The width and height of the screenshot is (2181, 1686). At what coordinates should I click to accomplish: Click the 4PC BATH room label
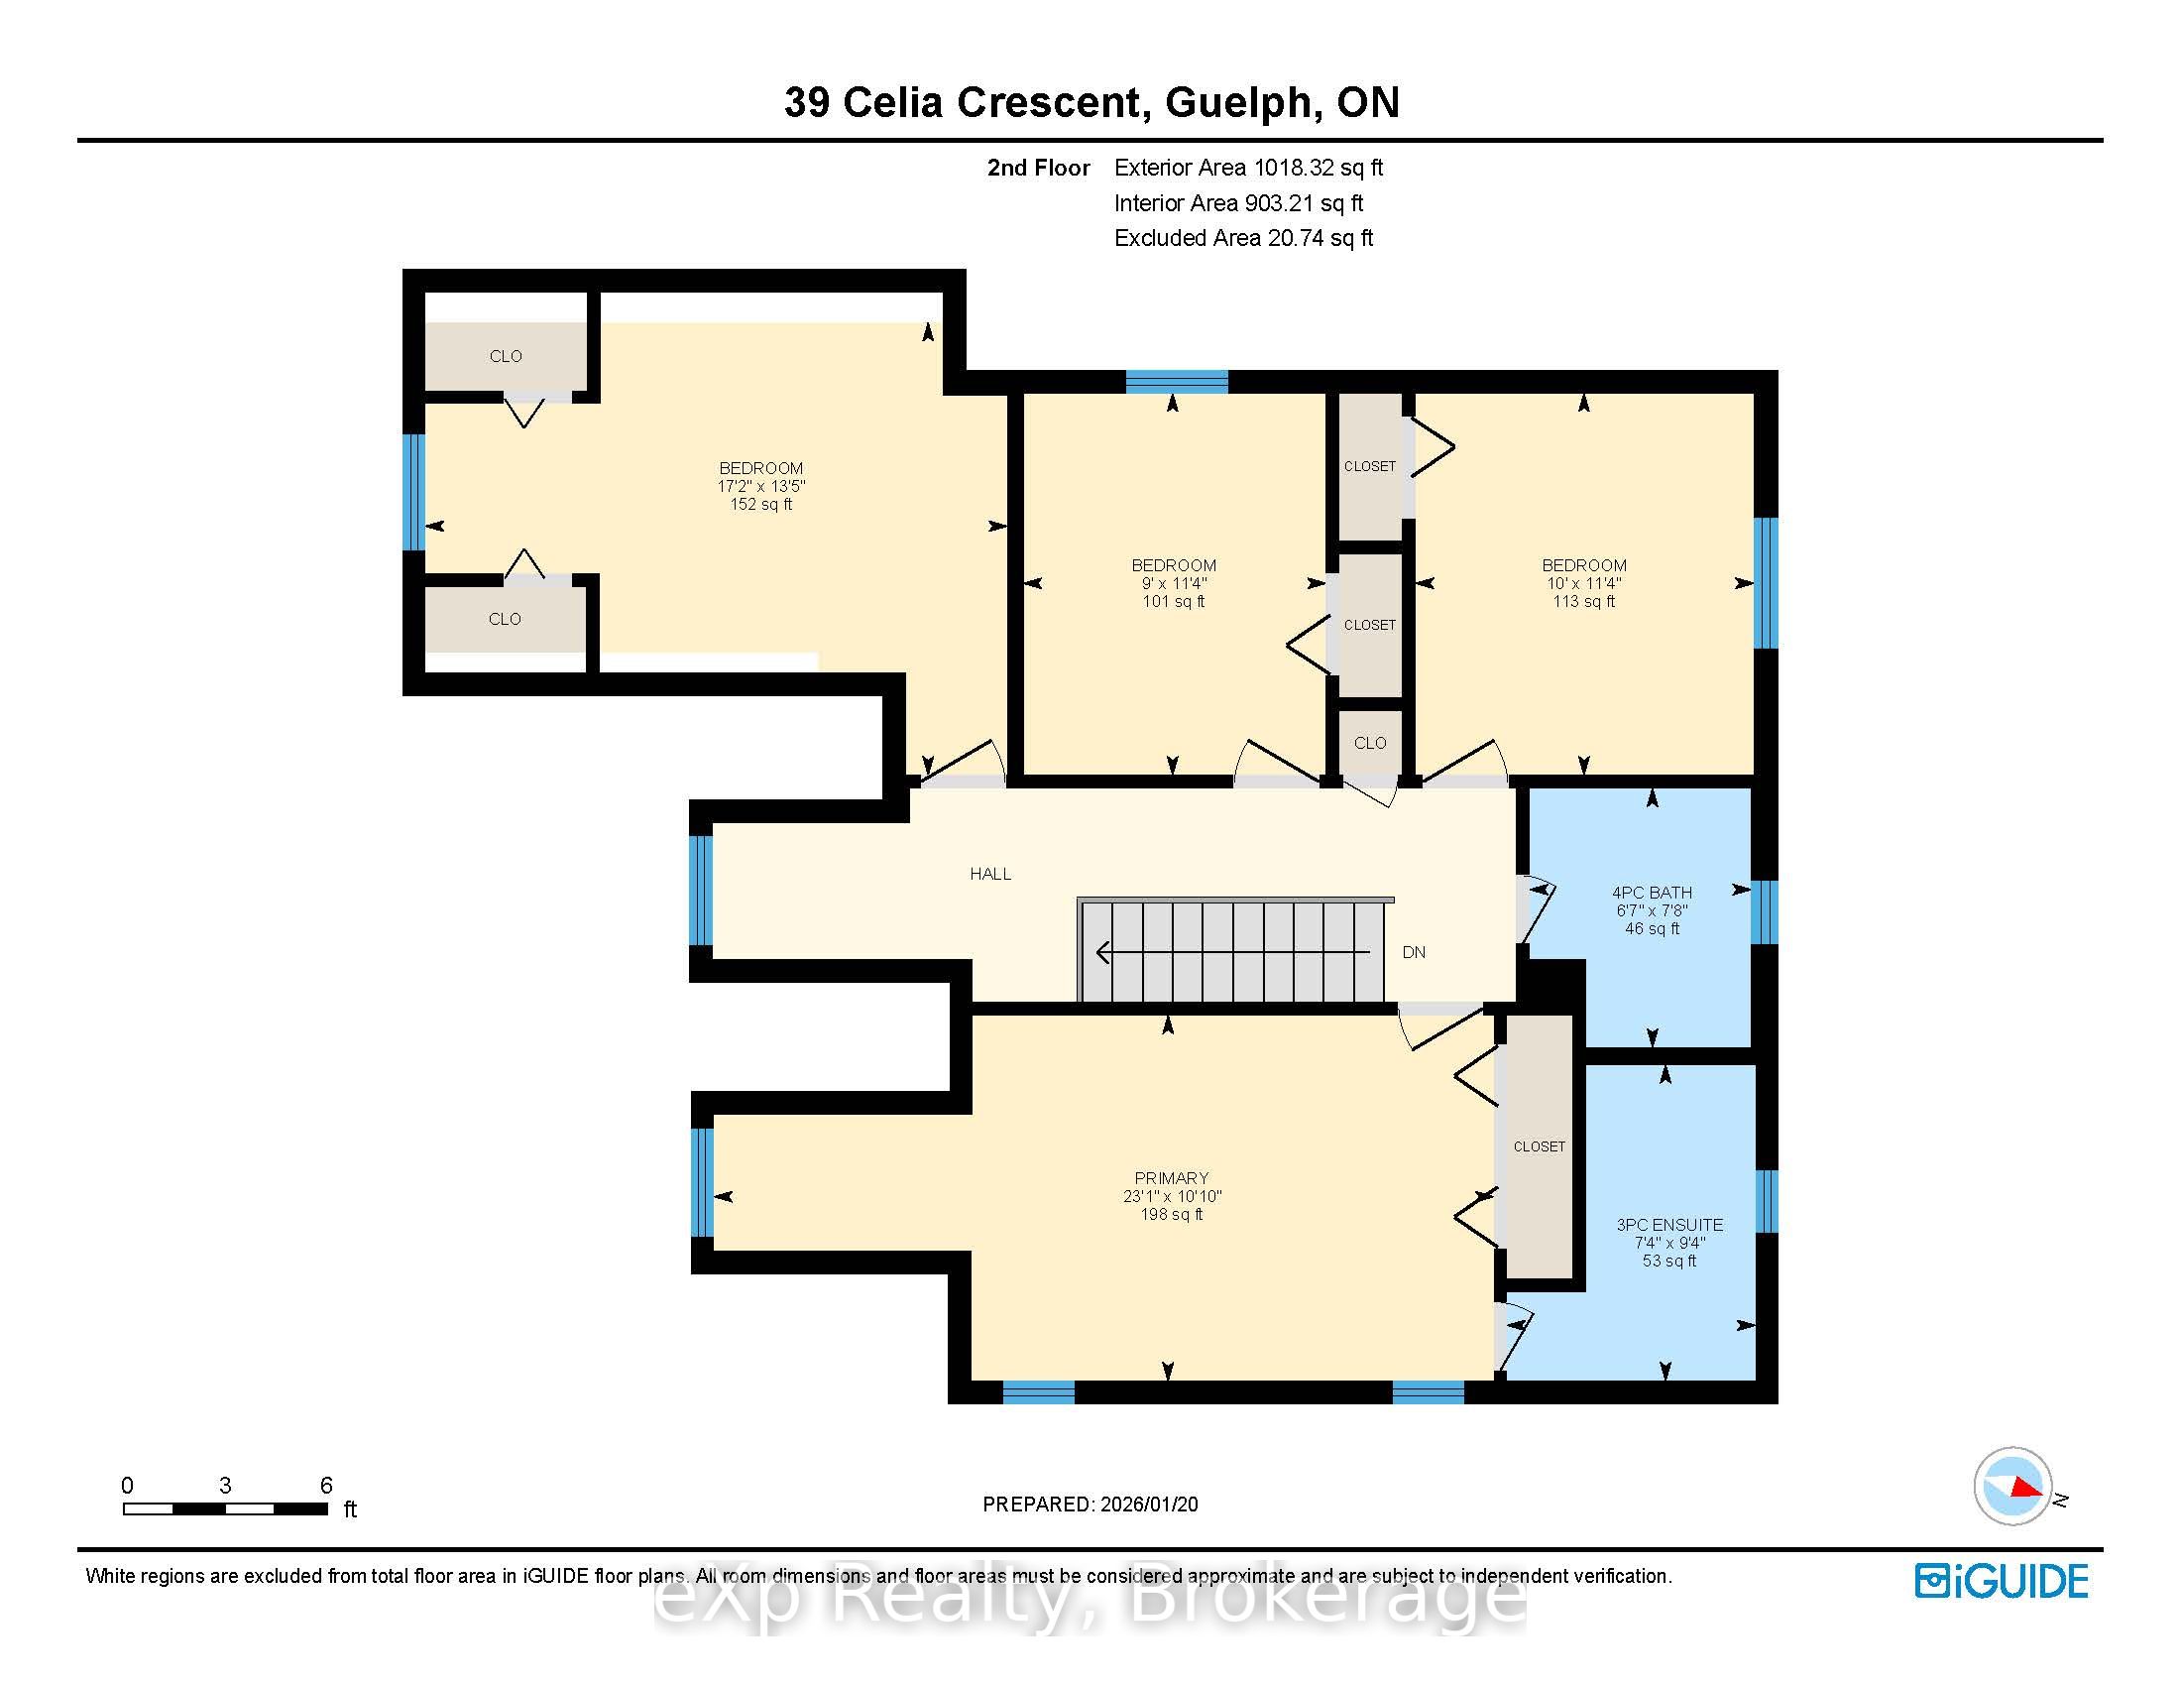click(x=1652, y=892)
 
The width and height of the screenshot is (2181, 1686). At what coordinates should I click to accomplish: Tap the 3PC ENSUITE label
click(x=1668, y=1225)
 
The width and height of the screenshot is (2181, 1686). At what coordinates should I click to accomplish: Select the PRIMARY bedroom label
click(x=1172, y=1177)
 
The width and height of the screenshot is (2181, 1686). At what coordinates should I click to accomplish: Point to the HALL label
click(x=990, y=874)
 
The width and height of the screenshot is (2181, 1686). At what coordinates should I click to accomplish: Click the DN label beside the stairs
click(x=1413, y=952)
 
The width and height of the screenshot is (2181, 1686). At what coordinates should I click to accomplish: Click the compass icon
click(x=2013, y=1487)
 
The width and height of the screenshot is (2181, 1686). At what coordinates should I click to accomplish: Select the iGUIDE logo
click(x=2002, y=1581)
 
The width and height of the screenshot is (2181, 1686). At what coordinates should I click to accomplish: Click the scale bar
click(x=226, y=1508)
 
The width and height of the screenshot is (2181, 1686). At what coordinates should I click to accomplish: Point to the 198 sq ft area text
click(x=1172, y=1215)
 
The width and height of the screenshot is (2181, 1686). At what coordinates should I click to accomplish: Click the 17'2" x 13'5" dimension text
click(x=761, y=486)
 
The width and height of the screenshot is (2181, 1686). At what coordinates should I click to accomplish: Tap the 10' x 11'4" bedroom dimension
click(x=1584, y=583)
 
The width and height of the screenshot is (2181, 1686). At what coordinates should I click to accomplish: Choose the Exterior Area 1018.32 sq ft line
click(x=1248, y=168)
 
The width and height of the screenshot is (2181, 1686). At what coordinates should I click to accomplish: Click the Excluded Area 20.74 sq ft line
click(x=1243, y=238)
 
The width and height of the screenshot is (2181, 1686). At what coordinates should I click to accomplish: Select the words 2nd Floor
click(x=1039, y=168)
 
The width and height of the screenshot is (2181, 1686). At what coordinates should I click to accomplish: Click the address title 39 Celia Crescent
click(x=962, y=102)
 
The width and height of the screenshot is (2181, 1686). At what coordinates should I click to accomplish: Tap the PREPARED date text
click(x=1090, y=1505)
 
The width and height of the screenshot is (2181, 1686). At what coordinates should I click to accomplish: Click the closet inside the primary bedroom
click(x=1539, y=1146)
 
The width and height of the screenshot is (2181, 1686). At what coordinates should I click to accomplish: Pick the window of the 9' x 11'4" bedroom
click(x=1177, y=382)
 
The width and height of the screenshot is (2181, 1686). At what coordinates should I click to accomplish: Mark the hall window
click(x=702, y=890)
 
